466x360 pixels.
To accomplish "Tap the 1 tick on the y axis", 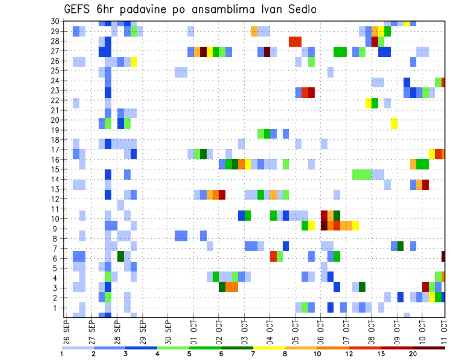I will [x=57, y=308].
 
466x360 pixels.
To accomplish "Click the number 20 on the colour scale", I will [x=413, y=354].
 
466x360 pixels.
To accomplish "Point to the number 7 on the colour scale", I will [x=254, y=354].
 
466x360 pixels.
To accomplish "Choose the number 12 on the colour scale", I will [x=349, y=354].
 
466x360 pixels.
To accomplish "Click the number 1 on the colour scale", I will [x=62, y=354].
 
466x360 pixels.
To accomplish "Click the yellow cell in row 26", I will [x=133, y=62].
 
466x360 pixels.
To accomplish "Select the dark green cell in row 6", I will [x=121, y=256].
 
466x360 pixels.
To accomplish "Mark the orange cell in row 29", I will [x=254, y=32].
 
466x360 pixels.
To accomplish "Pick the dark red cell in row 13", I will [x=425, y=184].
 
